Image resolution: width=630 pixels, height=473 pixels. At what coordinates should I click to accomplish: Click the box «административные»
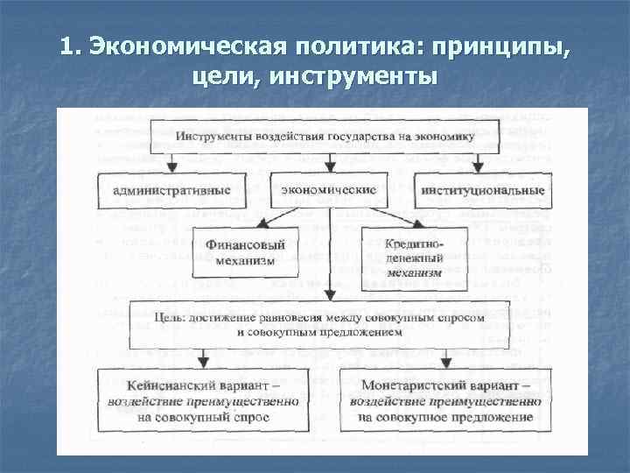[172, 190]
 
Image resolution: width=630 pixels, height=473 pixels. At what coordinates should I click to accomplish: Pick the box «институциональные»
[483, 190]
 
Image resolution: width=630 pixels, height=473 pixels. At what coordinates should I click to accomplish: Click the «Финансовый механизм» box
[247, 251]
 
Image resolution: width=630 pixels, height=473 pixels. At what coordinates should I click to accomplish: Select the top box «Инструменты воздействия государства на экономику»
[325, 137]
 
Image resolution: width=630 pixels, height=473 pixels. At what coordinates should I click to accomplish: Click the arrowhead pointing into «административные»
[173, 167]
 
